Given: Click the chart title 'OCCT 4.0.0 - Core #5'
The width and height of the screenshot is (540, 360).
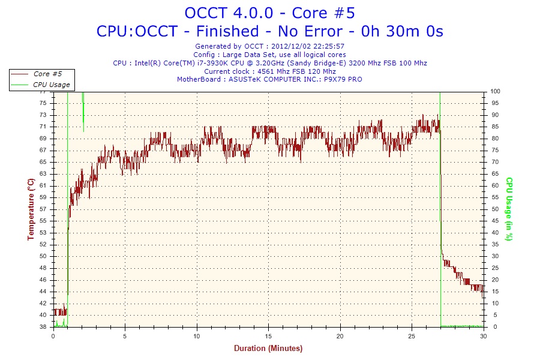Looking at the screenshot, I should point(269,13).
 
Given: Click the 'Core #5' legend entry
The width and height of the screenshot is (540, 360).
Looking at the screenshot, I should point(47,74).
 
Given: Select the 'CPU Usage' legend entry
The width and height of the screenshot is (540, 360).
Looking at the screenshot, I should point(52,85).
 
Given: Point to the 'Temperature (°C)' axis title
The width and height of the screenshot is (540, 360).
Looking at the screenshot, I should point(31,209).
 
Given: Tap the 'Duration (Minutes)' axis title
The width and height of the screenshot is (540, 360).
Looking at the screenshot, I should point(268,349).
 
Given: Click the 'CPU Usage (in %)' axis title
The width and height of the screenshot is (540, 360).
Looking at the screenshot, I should point(509,209).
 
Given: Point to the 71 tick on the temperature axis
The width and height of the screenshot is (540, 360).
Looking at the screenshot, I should point(43,127).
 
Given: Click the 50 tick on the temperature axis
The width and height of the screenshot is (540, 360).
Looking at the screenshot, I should point(43,256).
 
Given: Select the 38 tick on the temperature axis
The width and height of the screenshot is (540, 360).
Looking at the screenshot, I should point(43,327).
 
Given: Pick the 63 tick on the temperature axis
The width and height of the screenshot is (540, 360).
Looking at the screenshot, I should point(43,174).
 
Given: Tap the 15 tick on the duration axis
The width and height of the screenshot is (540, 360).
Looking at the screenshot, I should point(269,336).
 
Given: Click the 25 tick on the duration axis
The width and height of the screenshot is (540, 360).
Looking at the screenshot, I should point(412,336).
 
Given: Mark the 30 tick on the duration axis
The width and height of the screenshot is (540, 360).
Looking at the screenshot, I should point(484,336).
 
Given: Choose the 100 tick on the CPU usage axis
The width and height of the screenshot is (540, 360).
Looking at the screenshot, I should point(496,91).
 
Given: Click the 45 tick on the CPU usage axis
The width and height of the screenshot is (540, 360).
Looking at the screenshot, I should point(494,221).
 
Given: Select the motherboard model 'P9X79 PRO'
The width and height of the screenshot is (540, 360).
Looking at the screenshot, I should point(343,79).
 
